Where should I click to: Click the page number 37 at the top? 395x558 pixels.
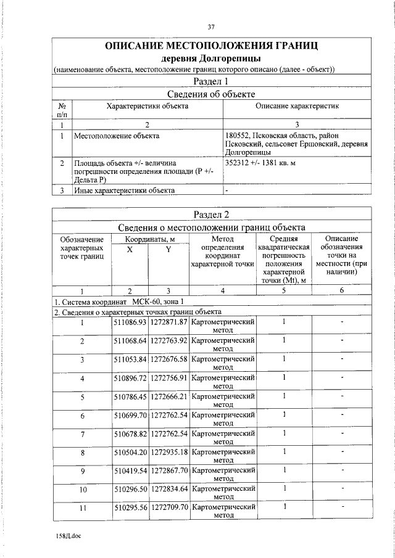[211, 27]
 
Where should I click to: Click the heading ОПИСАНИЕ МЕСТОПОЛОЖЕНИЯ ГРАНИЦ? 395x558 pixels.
[212, 46]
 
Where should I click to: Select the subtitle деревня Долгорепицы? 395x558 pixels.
[212, 59]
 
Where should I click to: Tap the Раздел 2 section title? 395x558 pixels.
[212, 214]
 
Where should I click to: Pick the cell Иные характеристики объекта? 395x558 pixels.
[124, 190]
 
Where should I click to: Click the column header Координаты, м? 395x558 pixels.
[150, 239]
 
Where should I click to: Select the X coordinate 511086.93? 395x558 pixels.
[130, 322]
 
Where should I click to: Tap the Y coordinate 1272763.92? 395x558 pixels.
[168, 340]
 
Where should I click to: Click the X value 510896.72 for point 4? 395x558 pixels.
[130, 377]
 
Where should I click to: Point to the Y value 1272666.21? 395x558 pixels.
[168, 396]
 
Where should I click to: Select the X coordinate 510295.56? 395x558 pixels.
[130, 507]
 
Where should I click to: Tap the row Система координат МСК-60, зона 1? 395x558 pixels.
[118, 302]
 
